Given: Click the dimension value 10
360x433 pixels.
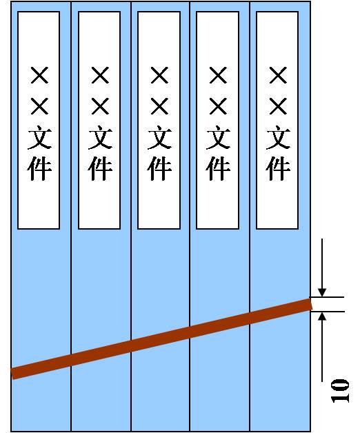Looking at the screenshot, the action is [340, 391].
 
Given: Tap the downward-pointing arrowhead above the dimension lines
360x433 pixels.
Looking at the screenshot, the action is [322, 292].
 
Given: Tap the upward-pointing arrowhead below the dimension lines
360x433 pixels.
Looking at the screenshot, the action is [322, 316].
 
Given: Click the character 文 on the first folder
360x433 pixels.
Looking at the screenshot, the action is [39, 137].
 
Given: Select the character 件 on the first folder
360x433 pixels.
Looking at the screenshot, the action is [39, 168].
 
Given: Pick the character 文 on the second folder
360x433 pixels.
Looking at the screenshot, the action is [100, 137].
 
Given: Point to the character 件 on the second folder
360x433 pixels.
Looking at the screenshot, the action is [100, 168].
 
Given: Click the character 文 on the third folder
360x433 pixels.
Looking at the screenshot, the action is [159, 137].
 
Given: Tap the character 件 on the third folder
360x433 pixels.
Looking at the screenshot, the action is [159, 168].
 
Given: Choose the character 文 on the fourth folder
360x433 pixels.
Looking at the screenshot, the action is [218, 137].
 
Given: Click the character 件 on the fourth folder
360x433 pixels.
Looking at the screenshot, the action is [218, 168].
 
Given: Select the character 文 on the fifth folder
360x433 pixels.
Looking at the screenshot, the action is [278, 137].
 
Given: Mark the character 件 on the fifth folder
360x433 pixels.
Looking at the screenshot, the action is [278, 168].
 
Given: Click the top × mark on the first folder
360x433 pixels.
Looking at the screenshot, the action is [39, 75].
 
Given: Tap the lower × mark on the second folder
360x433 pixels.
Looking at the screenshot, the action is [100, 106].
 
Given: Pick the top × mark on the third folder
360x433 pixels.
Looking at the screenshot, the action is [159, 75].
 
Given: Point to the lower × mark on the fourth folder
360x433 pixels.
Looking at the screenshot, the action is [218, 106].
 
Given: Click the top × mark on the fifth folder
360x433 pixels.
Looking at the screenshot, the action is [278, 75].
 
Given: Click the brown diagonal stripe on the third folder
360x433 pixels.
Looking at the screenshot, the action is [160, 339].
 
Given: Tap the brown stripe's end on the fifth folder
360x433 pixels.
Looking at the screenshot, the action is [310, 304].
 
